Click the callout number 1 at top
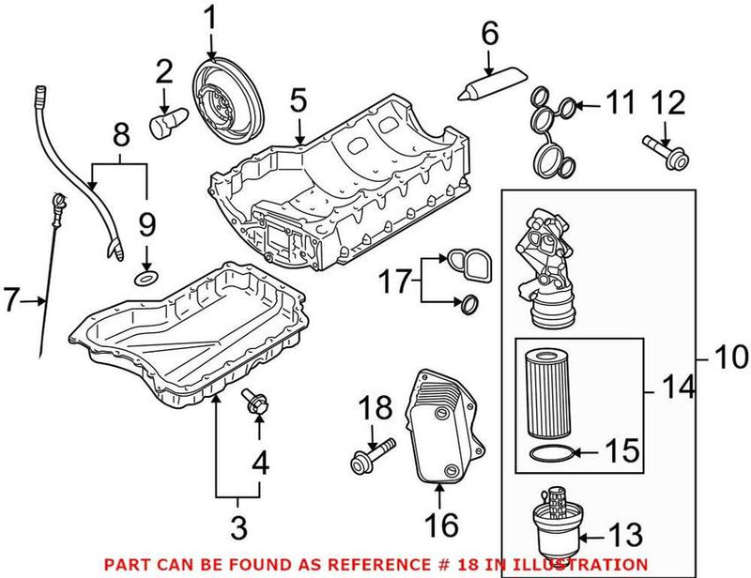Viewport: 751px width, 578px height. click(x=210, y=16)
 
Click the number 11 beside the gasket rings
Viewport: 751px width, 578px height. click(x=621, y=103)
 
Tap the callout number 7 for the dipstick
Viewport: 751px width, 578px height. click(x=10, y=300)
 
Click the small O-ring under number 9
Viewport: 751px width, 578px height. click(x=146, y=279)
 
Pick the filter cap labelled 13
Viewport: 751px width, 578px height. click(x=559, y=517)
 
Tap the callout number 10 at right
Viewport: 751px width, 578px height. click(x=728, y=357)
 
